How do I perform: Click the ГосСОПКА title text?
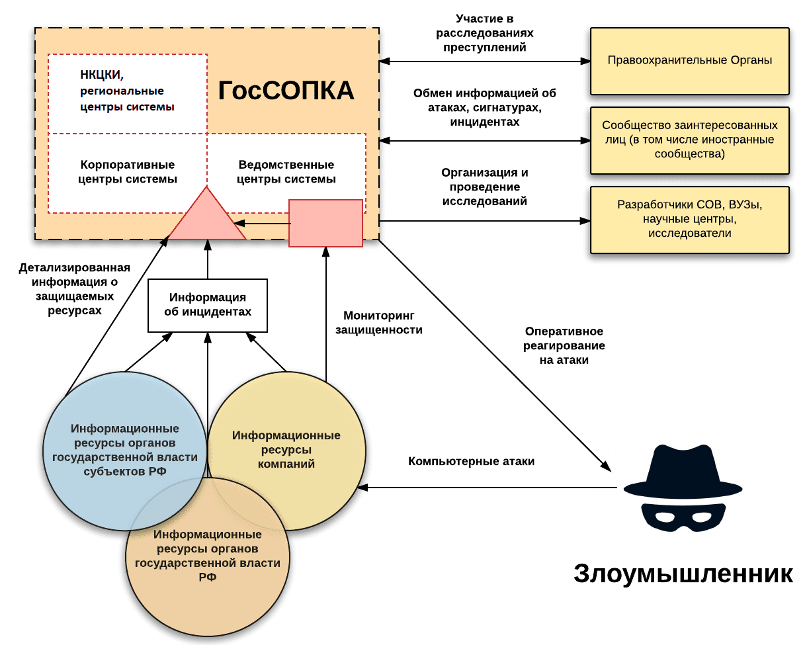[286, 92]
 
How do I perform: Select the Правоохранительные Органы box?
[689, 60]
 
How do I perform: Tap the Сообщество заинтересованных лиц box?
[689, 140]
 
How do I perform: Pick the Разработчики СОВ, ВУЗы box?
[689, 220]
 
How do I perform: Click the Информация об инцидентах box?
[208, 305]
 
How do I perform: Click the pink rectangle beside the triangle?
[326, 223]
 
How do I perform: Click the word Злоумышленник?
[683, 574]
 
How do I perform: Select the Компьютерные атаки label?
[471, 462]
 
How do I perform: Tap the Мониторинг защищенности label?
[378, 323]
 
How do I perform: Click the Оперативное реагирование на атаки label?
[564, 346]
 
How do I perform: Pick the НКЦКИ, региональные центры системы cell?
[128, 92]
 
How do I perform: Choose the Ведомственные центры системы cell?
[286, 173]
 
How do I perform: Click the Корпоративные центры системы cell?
[128, 173]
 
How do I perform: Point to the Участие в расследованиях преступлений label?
[486, 33]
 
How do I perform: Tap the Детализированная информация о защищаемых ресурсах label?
[74, 289]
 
